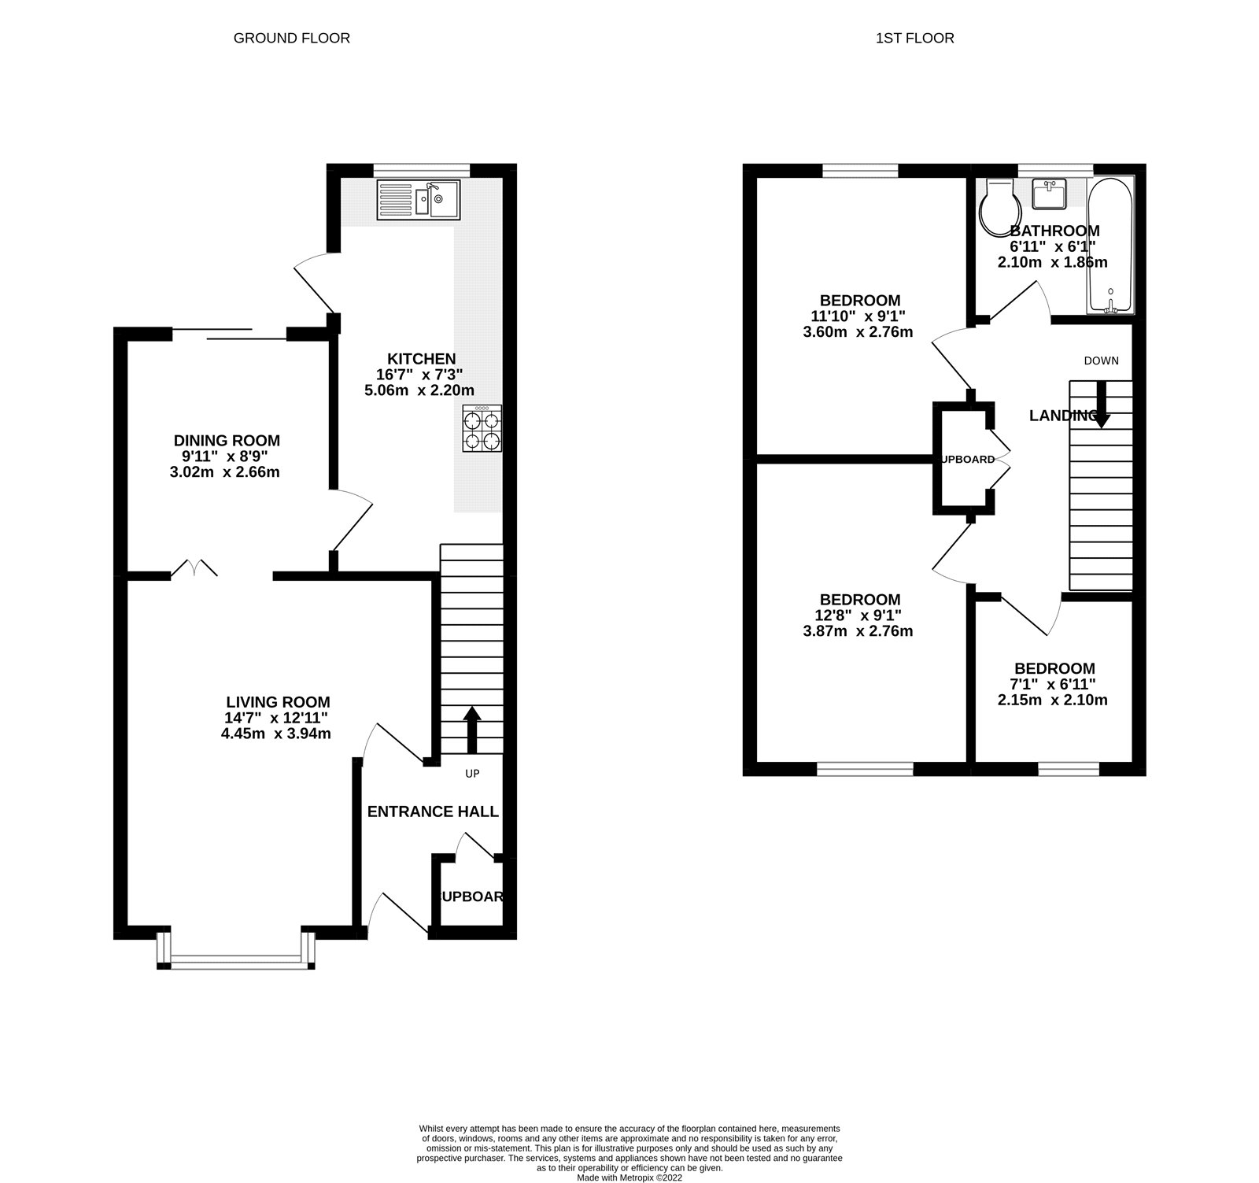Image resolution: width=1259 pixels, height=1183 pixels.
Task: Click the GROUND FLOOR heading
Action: [x=291, y=38]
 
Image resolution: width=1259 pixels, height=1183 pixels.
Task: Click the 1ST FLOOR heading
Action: [x=914, y=38]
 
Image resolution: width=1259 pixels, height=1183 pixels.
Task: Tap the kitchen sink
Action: [x=419, y=199]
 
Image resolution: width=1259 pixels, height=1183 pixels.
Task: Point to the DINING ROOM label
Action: [x=227, y=441]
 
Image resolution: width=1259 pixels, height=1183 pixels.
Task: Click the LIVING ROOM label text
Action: [x=278, y=702]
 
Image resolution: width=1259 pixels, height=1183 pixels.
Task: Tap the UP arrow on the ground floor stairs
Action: [x=472, y=728]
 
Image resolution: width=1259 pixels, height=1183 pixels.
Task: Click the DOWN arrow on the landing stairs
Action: [x=1101, y=404]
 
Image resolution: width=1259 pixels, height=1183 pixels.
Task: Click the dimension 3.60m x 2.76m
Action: [x=858, y=332]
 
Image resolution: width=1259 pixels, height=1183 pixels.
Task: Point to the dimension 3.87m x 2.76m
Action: [x=858, y=631]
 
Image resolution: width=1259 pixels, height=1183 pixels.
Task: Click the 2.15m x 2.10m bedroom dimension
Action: [x=1053, y=700]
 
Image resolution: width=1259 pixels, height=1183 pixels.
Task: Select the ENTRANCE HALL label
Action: [x=433, y=811]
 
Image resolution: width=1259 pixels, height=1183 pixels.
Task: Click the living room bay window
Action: [x=236, y=959]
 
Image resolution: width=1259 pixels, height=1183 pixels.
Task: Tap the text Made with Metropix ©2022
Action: [x=629, y=1177]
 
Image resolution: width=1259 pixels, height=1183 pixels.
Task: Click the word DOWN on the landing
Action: [x=1101, y=361]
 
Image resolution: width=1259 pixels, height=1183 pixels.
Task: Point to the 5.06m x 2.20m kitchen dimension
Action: [x=419, y=390]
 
